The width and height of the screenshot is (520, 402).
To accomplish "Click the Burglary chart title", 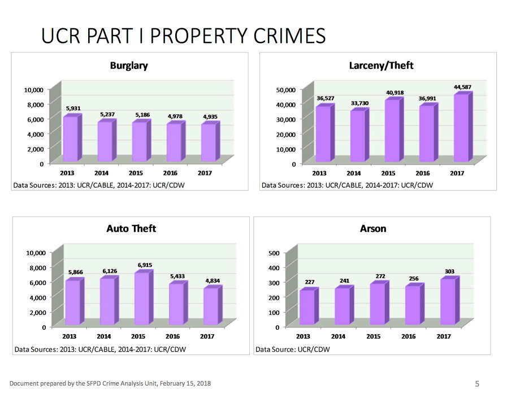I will click(x=129, y=66).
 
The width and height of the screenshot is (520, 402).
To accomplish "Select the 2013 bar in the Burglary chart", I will click(x=71, y=139).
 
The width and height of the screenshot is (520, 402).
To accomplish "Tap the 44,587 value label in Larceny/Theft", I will click(x=462, y=87).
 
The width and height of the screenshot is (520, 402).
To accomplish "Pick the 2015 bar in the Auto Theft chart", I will click(x=142, y=299).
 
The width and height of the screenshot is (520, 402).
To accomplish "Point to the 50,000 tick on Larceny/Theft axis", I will click(x=285, y=90).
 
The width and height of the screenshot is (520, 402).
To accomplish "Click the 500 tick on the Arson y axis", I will click(x=273, y=253).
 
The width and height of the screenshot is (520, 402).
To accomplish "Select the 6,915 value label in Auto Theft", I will click(x=145, y=265).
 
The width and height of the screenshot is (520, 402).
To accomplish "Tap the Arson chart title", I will click(x=373, y=228).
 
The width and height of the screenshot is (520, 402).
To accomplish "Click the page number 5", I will click(x=477, y=384).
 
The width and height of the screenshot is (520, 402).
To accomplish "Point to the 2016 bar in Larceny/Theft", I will click(x=426, y=133).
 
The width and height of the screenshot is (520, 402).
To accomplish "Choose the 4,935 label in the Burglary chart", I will click(x=210, y=117).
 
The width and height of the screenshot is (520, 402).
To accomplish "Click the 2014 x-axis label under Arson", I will click(x=338, y=336).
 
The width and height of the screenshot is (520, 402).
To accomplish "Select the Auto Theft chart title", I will click(x=131, y=228).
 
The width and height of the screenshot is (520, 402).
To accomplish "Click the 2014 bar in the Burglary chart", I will click(x=105, y=141).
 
